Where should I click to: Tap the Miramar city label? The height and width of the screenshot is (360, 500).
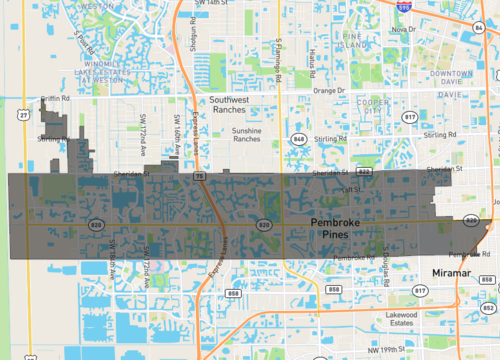tap(436, 272)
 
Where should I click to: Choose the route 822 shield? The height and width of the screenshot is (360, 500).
tap(365, 172)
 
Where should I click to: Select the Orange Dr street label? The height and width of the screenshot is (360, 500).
tap(327, 90)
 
